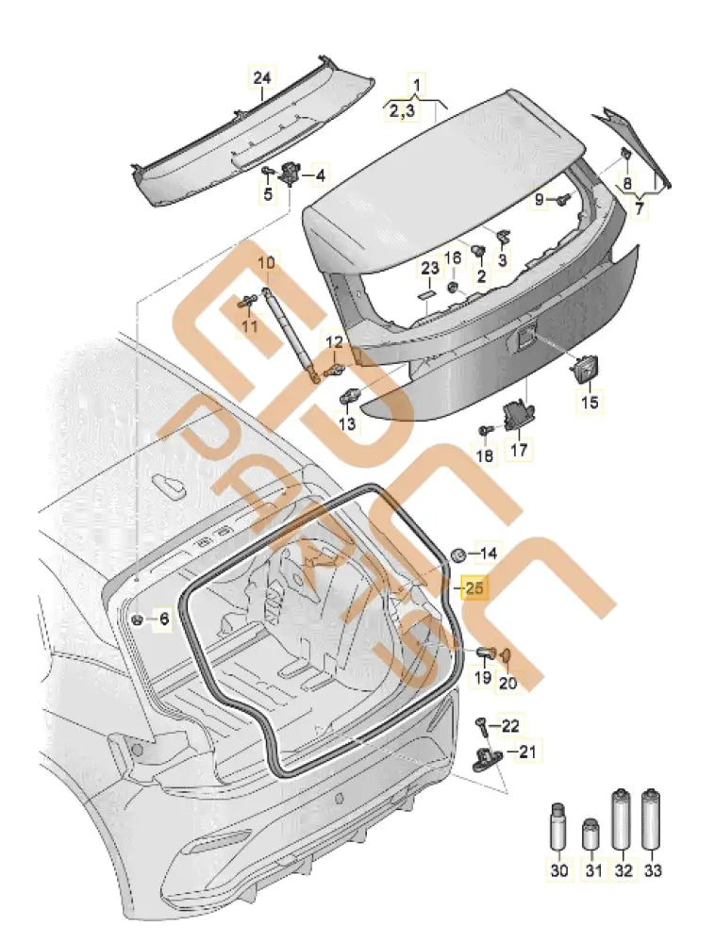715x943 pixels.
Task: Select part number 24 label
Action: pos(261,78)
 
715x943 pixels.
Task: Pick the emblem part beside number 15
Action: pos(585,369)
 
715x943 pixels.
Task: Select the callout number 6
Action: pos(163,619)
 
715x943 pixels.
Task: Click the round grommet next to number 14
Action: pos(457,554)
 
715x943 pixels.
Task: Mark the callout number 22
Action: pos(509,725)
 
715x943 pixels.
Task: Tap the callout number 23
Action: pos(430,269)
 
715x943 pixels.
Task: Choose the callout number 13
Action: pos(348,424)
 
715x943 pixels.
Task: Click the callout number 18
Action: pos(484,456)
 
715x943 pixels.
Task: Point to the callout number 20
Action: pos(508,684)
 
